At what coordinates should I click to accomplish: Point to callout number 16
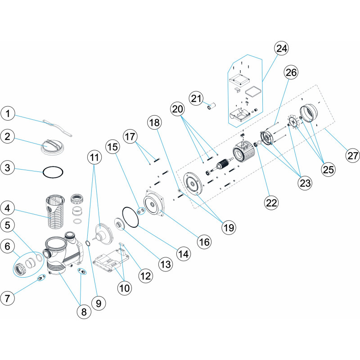pyautogui.click(x=205, y=242)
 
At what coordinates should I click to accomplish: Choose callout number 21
pyautogui.click(x=197, y=98)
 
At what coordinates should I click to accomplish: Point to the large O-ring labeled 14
pyautogui.click(x=131, y=217)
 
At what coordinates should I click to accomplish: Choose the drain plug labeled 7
pyautogui.click(x=40, y=279)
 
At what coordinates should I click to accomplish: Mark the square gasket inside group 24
pyautogui.click(x=254, y=92)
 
